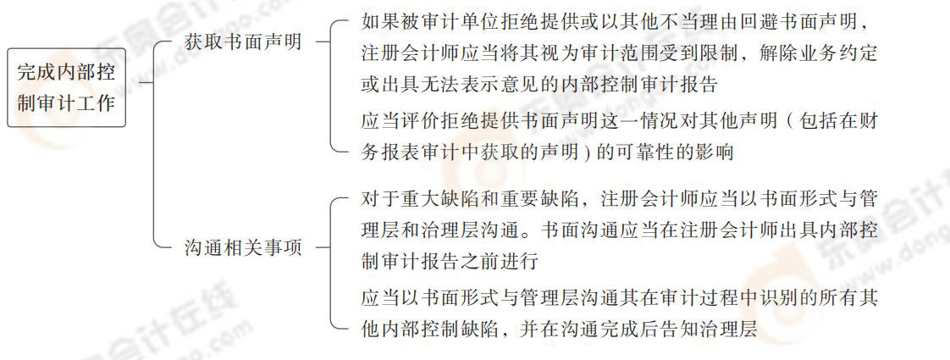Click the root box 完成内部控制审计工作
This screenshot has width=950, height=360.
[66, 87]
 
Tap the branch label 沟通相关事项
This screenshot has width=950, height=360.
[243, 248]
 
